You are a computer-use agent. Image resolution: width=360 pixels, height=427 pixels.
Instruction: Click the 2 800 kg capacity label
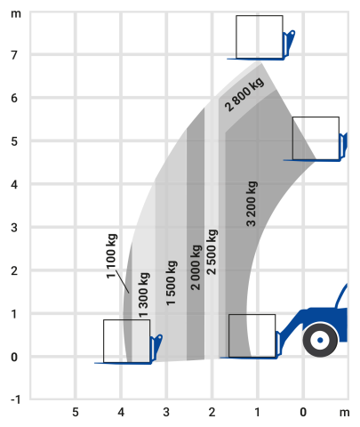coord(244,94)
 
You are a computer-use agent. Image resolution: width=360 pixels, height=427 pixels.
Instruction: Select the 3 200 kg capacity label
coord(252,204)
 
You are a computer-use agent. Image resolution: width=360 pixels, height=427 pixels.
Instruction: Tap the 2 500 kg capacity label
coord(212,252)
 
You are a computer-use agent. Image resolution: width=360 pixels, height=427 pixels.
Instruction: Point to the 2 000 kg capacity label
coord(196,267)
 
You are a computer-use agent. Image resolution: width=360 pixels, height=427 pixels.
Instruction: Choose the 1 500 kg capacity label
coord(172,283)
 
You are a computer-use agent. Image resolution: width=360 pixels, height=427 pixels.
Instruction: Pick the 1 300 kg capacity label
coord(144,294)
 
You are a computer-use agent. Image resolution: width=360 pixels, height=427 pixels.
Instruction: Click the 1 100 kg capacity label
coord(112,256)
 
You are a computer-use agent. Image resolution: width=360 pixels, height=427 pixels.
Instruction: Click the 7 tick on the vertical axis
coord(14,55)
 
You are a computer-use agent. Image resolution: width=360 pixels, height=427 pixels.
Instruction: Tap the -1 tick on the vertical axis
coord(16,399)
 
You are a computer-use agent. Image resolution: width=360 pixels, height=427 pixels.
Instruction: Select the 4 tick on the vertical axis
coord(14,185)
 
